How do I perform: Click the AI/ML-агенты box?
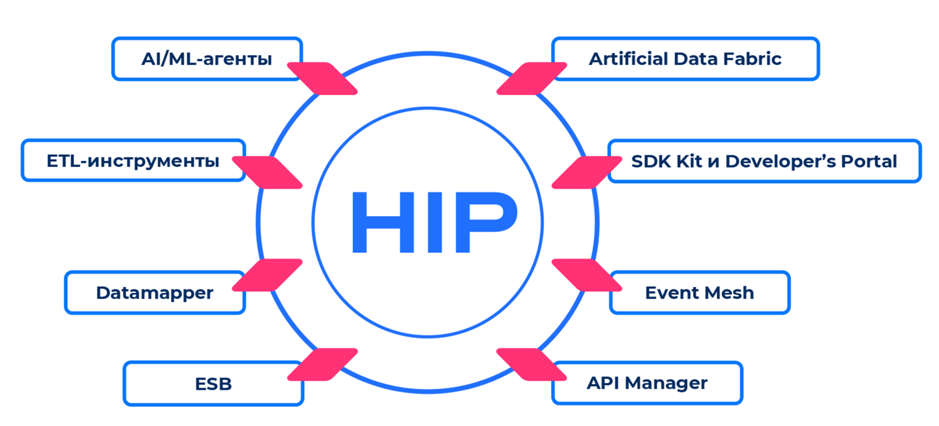click(207, 59)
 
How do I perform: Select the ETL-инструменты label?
click(133, 161)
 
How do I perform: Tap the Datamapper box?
click(154, 293)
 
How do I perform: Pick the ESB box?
click(213, 384)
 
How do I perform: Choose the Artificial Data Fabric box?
click(685, 59)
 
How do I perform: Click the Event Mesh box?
click(699, 293)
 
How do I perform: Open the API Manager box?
click(647, 383)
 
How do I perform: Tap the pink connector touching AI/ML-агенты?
click(322, 78)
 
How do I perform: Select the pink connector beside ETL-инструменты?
click(267, 172)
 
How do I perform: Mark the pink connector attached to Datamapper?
click(267, 275)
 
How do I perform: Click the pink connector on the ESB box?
click(322, 365)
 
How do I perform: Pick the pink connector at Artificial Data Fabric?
click(532, 78)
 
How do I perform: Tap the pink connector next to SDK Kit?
click(586, 172)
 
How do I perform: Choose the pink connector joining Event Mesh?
click(586, 275)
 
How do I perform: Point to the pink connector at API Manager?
click(532, 365)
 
